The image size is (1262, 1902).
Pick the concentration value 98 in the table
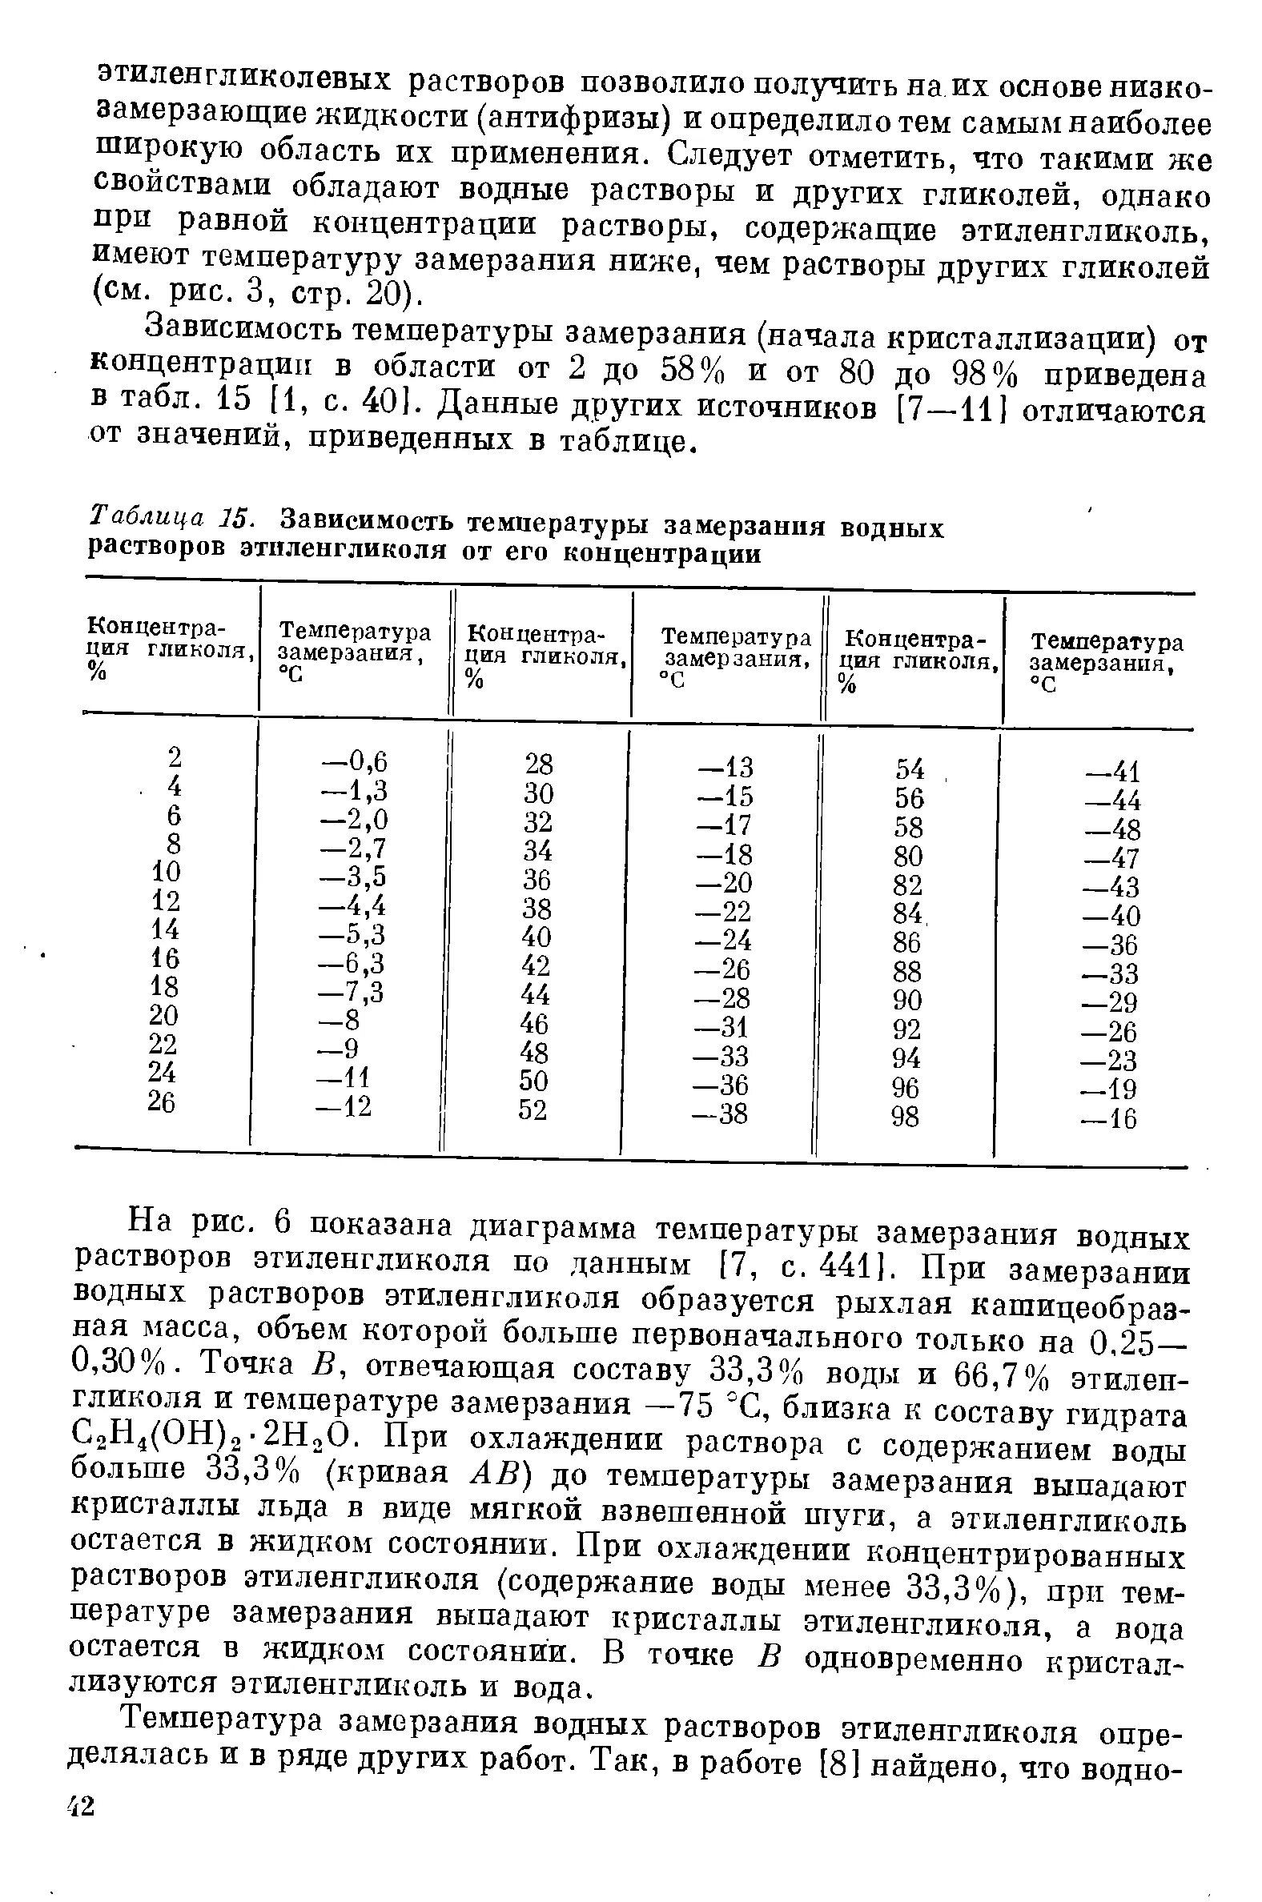coord(906,1117)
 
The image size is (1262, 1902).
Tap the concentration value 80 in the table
coord(907,856)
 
